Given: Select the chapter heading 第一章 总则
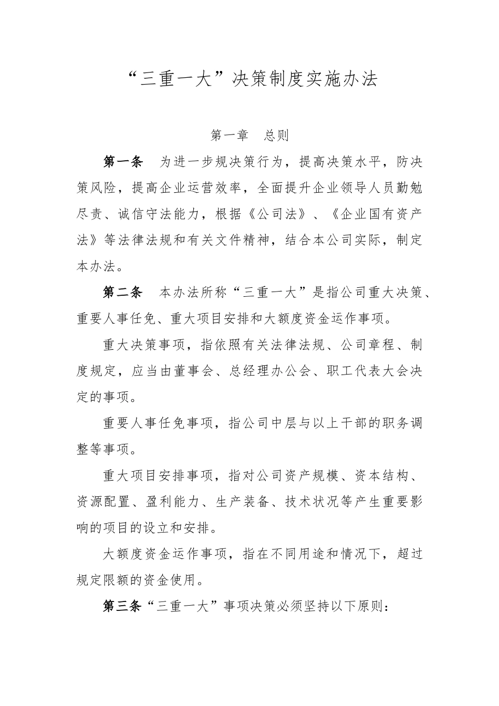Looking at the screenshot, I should [250, 136].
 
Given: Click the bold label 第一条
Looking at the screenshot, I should [123, 162].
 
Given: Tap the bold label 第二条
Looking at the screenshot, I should [123, 293].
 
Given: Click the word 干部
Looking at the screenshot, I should [351, 423].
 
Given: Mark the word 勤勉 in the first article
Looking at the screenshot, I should [412, 188].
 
